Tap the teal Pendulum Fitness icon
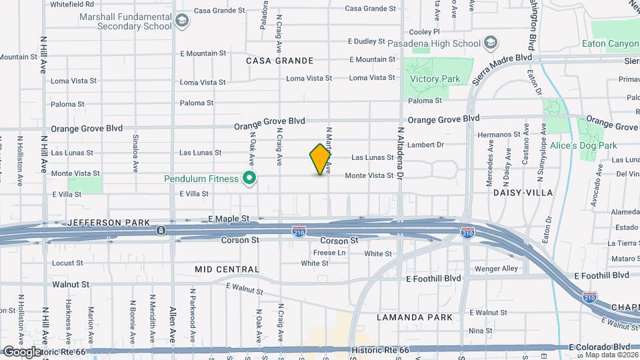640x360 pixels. [x=250, y=178]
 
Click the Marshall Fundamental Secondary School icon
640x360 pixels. [x=182, y=21]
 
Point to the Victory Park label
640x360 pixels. [x=435, y=79]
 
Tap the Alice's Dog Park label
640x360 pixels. [x=583, y=145]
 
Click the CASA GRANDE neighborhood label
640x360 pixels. [x=279, y=61]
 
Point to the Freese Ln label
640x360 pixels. [x=329, y=253]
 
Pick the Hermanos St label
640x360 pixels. [x=499, y=135]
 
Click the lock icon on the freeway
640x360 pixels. [x=161, y=231]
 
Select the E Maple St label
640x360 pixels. [x=228, y=218]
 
